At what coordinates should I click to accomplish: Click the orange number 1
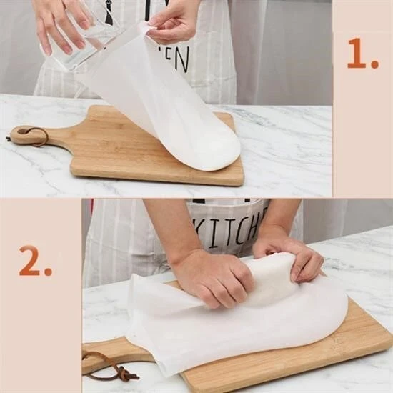[362, 55]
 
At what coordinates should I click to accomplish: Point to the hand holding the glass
[57, 21]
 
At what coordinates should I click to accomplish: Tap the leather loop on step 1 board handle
[31, 136]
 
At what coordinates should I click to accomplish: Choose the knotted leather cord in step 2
[114, 366]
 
